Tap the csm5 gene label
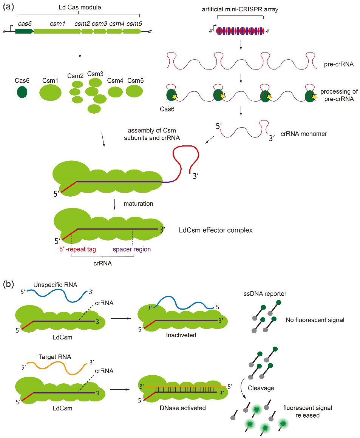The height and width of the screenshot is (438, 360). [134, 23]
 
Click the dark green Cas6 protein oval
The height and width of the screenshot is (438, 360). [22, 92]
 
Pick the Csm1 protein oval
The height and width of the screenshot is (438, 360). [51, 93]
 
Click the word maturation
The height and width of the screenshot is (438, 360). [138, 204]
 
